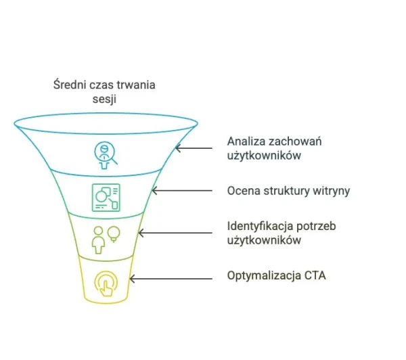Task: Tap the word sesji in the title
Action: (104, 99)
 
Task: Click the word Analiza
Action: (246, 141)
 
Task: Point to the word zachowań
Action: (295, 141)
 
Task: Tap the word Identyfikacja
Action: (261, 226)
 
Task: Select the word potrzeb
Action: (316, 227)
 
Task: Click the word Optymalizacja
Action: (264, 275)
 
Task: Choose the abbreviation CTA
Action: (315, 275)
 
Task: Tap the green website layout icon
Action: (106, 198)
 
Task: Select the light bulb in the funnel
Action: (114, 234)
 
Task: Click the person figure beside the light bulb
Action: (98, 240)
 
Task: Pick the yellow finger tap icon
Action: (106, 284)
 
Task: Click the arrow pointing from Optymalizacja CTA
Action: (171, 279)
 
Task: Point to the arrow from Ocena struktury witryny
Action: (182, 191)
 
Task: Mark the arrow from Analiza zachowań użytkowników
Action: (194, 148)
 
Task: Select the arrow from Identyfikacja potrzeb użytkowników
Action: (175, 233)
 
